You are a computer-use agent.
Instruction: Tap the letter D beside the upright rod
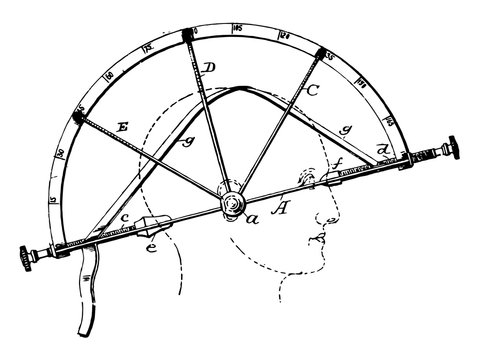pos(208,68)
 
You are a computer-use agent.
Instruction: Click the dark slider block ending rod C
pos(321,52)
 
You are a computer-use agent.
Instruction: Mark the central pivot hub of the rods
pos(231,203)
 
